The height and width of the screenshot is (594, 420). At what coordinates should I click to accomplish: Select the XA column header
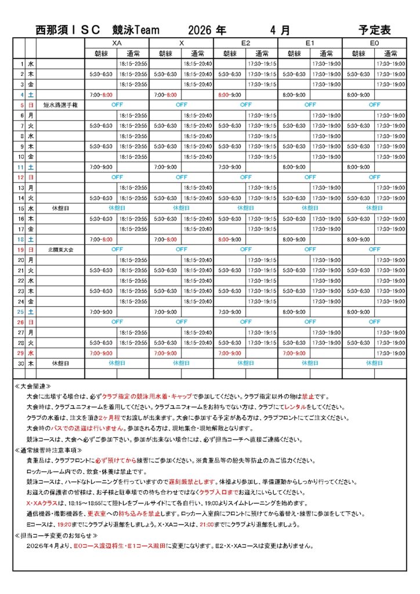(x=117, y=43)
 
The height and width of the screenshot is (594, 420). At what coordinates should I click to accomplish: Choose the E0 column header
(x=374, y=43)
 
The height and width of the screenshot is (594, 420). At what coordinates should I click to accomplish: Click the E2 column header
(x=245, y=43)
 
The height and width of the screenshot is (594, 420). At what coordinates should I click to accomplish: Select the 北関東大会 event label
(x=60, y=249)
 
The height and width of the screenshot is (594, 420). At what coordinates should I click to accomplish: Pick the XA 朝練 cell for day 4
(x=102, y=95)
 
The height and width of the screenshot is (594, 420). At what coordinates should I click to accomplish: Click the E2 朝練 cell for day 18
(x=230, y=239)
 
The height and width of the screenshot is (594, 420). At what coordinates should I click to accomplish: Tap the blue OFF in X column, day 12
(x=182, y=178)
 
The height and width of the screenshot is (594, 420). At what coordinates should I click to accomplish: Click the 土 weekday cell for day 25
(x=31, y=312)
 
